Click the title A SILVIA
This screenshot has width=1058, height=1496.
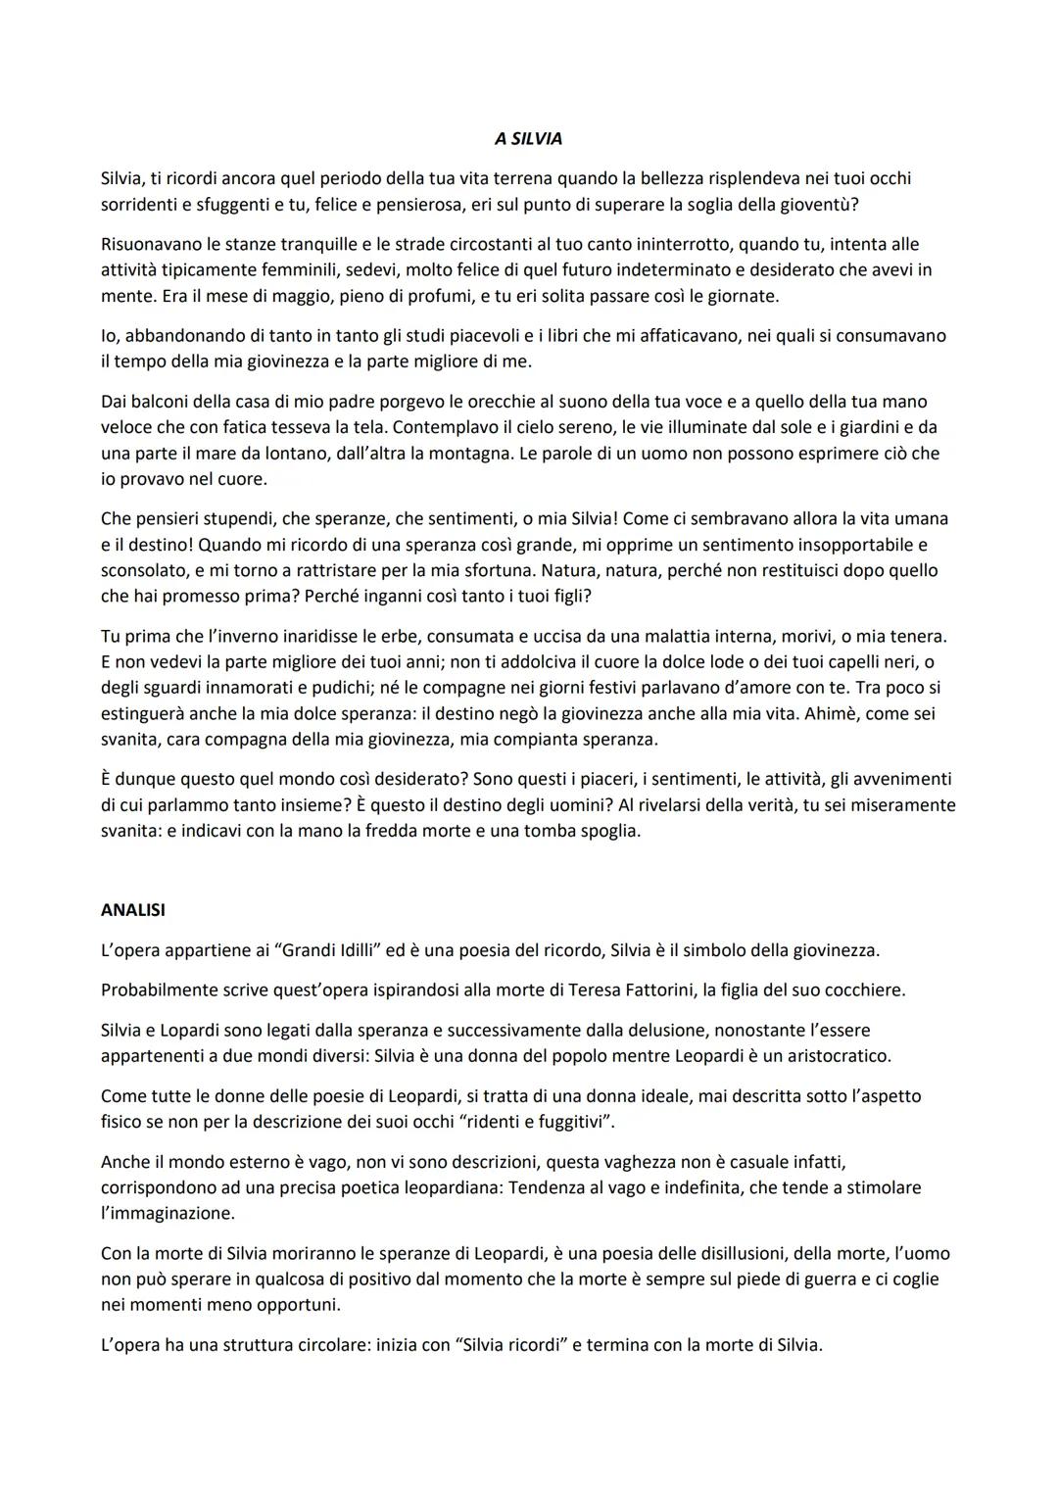click(528, 139)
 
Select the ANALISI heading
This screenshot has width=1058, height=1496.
click(133, 910)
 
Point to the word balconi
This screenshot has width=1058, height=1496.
click(158, 402)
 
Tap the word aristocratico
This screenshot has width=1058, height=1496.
click(832, 1056)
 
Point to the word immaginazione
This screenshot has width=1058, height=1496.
click(168, 1213)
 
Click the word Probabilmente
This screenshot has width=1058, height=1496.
click(161, 989)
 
